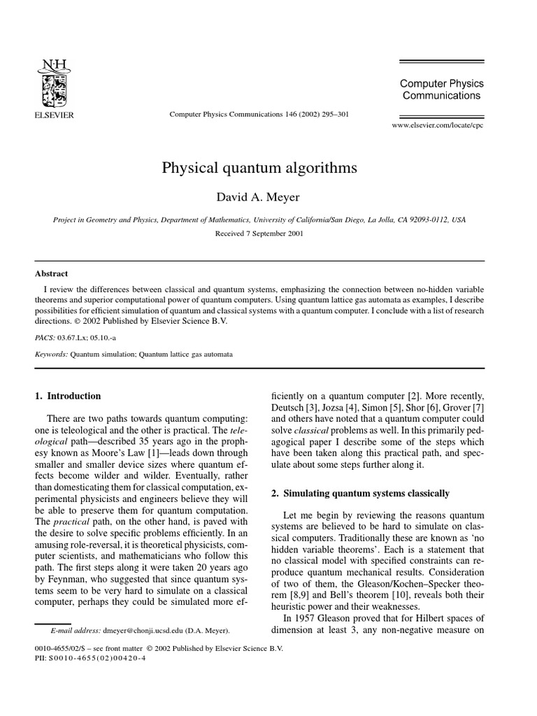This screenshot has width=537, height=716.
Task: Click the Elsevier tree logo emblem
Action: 54,83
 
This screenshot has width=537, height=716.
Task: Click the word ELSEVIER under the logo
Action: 54,115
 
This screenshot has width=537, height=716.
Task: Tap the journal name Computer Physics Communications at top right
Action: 441,89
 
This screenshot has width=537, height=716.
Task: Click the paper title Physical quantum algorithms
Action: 259,169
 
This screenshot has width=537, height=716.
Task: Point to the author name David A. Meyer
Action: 259,196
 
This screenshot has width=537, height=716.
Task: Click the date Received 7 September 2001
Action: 259,234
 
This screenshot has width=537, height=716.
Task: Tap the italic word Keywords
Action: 52,355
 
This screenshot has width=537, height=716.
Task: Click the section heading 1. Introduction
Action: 68,396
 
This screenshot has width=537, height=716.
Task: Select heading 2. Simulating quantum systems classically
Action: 360,493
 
